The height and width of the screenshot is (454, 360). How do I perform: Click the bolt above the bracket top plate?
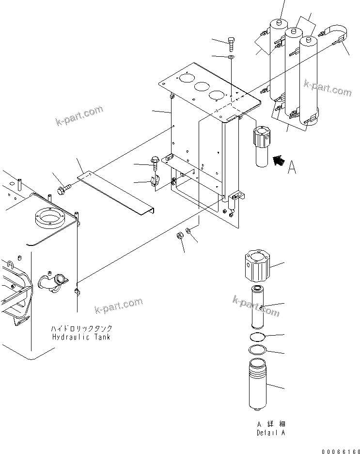point(231,45)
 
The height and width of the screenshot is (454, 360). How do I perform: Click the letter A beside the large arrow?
point(292,168)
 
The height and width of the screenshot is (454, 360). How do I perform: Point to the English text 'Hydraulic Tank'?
point(81,337)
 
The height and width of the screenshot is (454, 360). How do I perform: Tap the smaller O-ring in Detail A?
point(257,337)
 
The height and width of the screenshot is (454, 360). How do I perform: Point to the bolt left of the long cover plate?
point(63,189)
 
